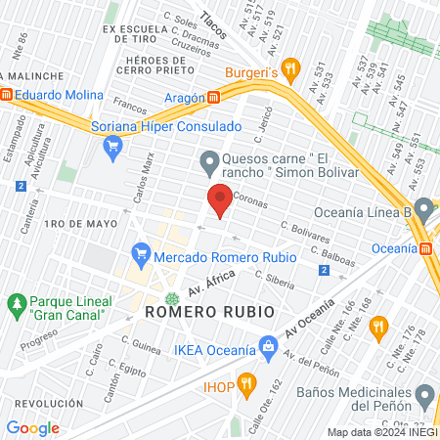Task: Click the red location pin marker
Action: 220,200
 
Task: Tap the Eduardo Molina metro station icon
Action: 7,95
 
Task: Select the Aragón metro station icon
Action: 213,97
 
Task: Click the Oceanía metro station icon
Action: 426,249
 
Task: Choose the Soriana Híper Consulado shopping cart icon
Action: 112,148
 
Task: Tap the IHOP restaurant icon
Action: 246,382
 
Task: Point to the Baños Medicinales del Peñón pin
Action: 424,396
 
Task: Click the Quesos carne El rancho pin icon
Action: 208,159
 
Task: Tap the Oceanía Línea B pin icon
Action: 423,209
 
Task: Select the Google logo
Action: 32,427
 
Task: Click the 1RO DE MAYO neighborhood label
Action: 80,224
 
